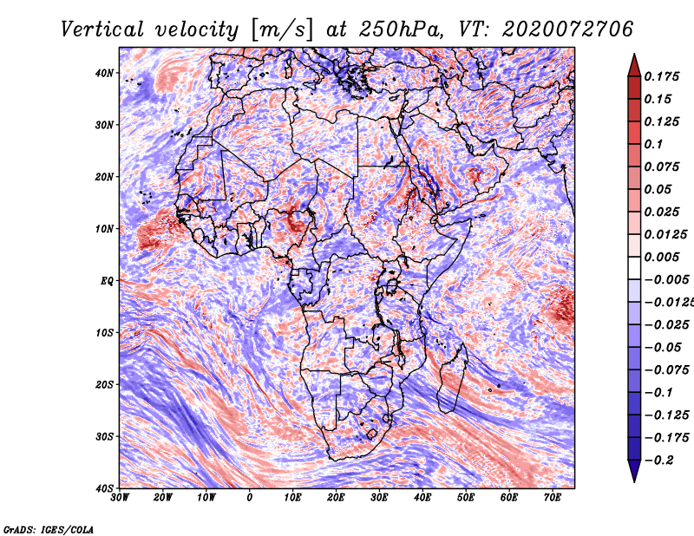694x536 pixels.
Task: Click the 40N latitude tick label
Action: coord(104,73)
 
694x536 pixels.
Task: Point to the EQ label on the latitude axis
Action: coord(107,281)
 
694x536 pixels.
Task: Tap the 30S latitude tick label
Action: coord(104,436)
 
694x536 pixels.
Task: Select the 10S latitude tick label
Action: coord(104,333)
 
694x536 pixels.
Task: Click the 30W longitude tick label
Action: coord(120,498)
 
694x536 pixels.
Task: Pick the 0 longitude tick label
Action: coord(250,498)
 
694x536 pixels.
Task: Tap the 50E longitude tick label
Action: coord(466,498)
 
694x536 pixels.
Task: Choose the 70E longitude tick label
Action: coord(553,498)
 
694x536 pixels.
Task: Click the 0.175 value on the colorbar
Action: coord(662,76)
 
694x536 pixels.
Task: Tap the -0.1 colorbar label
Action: coord(658,393)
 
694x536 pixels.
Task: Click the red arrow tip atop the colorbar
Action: coord(634,55)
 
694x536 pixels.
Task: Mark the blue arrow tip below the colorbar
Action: coord(634,480)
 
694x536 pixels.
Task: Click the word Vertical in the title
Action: coord(102,29)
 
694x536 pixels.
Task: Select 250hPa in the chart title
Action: coord(401,29)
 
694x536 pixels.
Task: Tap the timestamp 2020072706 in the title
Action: coord(568,29)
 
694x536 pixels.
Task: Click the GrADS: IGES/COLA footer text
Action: coord(49,529)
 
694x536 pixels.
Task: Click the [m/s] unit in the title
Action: coord(281,29)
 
